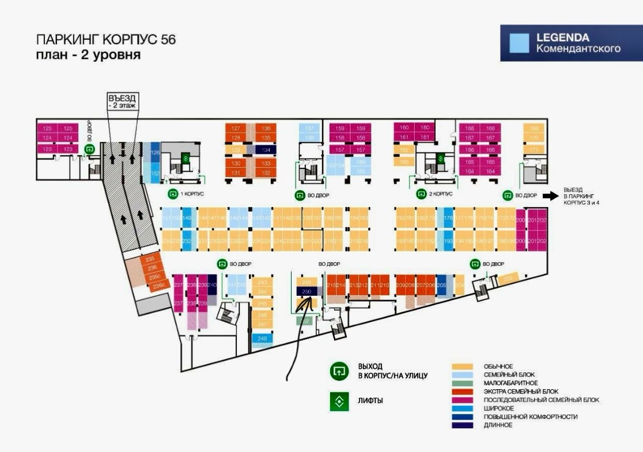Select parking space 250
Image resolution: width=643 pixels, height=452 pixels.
307,292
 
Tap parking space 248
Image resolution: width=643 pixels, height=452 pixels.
263,339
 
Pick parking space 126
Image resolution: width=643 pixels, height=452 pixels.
154,153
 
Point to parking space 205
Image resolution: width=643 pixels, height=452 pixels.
442,285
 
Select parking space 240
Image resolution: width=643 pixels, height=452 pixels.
211,285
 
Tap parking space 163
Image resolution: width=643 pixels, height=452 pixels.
404,162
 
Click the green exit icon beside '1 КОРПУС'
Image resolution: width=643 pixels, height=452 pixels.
172,194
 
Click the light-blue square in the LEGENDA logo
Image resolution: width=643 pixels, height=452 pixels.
520,43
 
